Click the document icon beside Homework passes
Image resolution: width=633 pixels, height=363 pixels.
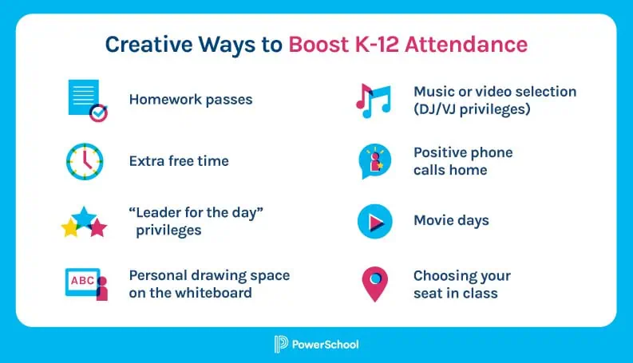(85, 100)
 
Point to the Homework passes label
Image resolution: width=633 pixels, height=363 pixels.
(190, 100)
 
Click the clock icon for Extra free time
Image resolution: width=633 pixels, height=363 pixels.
(85, 161)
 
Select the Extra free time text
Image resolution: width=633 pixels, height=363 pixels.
(179, 161)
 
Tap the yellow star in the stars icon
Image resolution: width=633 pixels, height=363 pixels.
(71, 229)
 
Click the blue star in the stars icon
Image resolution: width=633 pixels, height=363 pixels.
(85, 215)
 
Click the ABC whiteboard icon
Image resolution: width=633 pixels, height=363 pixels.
(84, 283)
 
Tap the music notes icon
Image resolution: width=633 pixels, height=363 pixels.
(373, 101)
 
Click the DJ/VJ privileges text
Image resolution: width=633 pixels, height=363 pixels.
(471, 109)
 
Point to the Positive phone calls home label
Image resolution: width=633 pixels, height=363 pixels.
(462, 160)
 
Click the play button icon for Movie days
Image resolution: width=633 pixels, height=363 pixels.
(374, 222)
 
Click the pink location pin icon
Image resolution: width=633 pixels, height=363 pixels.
(374, 283)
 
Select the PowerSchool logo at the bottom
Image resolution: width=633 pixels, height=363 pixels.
(316, 344)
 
